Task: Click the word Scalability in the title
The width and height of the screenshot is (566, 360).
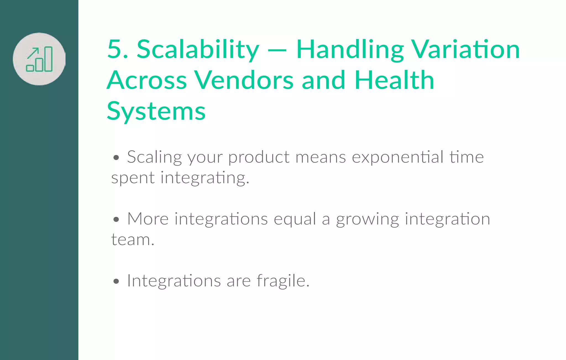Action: click(x=198, y=50)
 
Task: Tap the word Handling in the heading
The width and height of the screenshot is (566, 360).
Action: click(x=350, y=50)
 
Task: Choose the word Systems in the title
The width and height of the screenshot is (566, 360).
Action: click(x=156, y=111)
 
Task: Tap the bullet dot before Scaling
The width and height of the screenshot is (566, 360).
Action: click(x=116, y=158)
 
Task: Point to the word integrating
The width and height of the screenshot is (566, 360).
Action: click(x=205, y=178)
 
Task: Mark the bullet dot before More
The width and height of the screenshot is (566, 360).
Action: click(x=116, y=220)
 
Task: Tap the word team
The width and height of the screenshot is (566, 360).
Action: click(x=132, y=240)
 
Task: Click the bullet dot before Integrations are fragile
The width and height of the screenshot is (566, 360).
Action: click(x=116, y=282)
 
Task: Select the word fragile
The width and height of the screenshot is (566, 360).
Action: click(x=283, y=281)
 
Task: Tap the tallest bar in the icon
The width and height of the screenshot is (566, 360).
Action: click(x=48, y=59)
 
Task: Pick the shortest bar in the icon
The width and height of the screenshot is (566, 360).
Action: click(x=30, y=68)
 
